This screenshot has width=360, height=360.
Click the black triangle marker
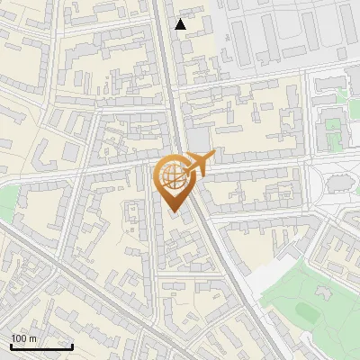(x=181, y=24)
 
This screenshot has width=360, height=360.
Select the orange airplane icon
(x=201, y=162)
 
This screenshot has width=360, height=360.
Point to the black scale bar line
(x=41, y=346)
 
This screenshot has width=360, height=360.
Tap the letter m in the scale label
(x=33, y=338)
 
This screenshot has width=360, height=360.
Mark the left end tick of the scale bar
(x=11, y=345)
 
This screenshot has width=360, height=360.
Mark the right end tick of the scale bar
(x=73, y=345)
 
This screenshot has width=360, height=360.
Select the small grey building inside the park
(x=324, y=290)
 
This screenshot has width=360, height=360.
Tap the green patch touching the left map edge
(x=6, y=202)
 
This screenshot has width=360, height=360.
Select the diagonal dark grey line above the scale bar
(x=54, y=270)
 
